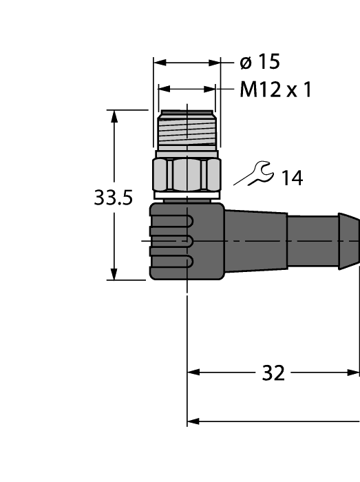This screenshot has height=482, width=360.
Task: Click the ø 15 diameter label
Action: [260, 63]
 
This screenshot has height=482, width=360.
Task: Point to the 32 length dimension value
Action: [273, 373]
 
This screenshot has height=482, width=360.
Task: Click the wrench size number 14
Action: [291, 178]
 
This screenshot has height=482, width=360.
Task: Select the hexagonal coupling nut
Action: [187, 175]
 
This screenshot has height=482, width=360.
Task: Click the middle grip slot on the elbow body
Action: [171, 241]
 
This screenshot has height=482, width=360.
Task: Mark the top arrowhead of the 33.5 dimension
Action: [115, 116]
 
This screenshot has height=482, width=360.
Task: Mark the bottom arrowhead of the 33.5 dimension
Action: [115, 274]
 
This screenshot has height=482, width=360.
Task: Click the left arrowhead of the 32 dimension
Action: [193, 373]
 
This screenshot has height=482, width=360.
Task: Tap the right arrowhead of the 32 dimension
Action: [354, 373]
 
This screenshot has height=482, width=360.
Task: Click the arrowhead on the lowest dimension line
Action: [193, 421]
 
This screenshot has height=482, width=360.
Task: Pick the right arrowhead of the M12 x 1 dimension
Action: [210, 90]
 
